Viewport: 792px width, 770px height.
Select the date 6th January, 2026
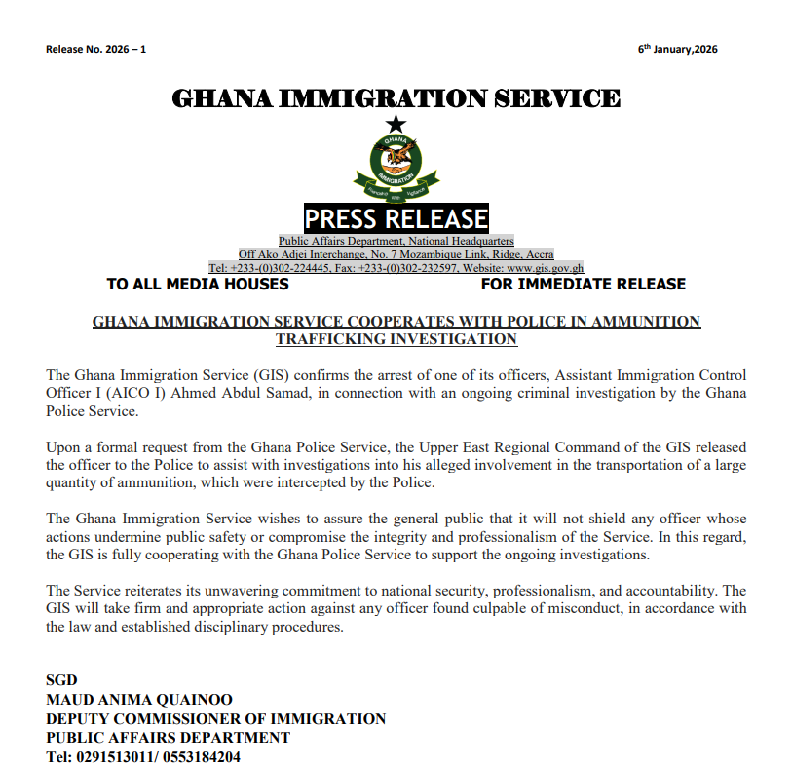point(678,50)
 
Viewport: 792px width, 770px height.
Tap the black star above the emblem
point(395,124)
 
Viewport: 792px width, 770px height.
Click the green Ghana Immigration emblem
point(396,166)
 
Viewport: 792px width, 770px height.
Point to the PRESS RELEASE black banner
point(396,218)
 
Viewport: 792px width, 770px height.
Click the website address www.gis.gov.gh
point(545,268)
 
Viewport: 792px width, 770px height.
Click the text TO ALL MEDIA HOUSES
point(198,285)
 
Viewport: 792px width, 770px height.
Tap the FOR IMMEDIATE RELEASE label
point(583,285)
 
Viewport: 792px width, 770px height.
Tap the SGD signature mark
point(61,679)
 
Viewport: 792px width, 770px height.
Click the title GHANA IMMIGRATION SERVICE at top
point(396,98)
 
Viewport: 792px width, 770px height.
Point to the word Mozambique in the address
point(405,254)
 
